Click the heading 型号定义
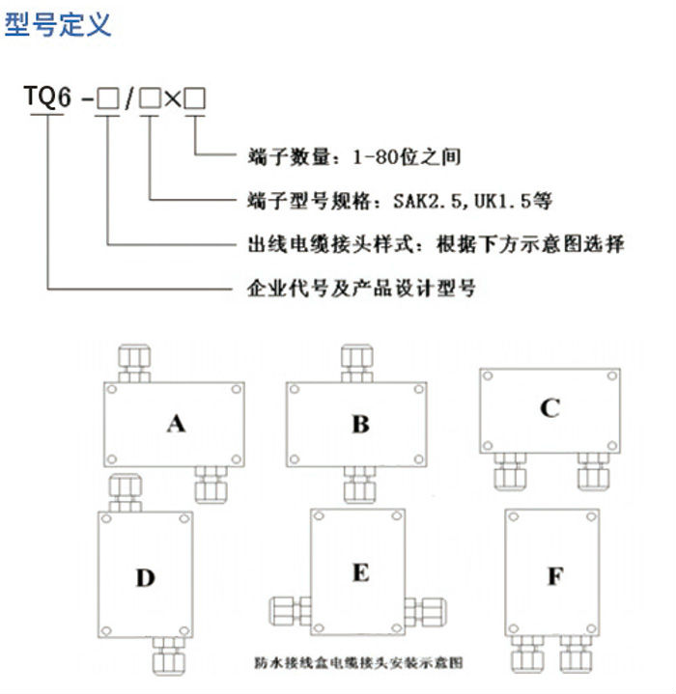click(x=58, y=23)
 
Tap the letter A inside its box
click(x=175, y=423)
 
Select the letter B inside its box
click(x=360, y=423)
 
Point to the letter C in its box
click(x=549, y=408)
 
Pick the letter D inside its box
click(x=145, y=578)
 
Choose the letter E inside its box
click(x=360, y=572)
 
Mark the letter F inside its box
click(x=555, y=577)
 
